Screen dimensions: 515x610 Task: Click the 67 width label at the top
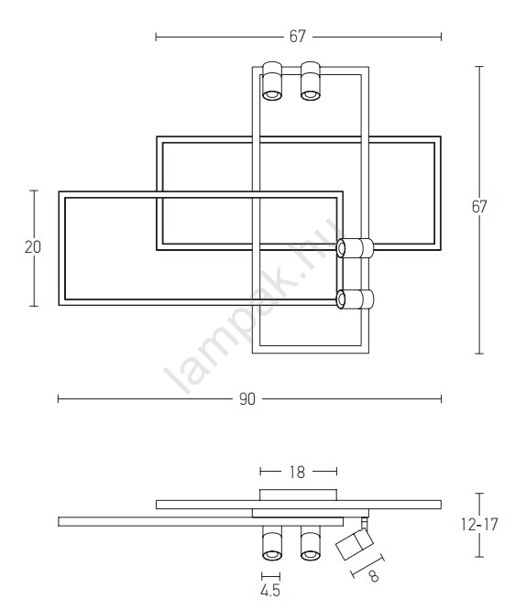click(297, 37)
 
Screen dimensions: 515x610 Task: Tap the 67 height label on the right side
click(479, 207)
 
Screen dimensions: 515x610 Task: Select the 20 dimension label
click(33, 247)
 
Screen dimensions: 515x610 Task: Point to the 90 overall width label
click(247, 399)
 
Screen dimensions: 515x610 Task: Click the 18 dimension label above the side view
click(297, 472)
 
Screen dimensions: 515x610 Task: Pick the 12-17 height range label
click(479, 525)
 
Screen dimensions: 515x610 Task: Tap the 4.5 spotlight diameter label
click(270, 591)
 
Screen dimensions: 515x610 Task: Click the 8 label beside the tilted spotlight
click(374, 576)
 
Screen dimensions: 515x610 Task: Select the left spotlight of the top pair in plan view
click(272, 81)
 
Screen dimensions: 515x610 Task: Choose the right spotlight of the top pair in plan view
click(311, 81)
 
